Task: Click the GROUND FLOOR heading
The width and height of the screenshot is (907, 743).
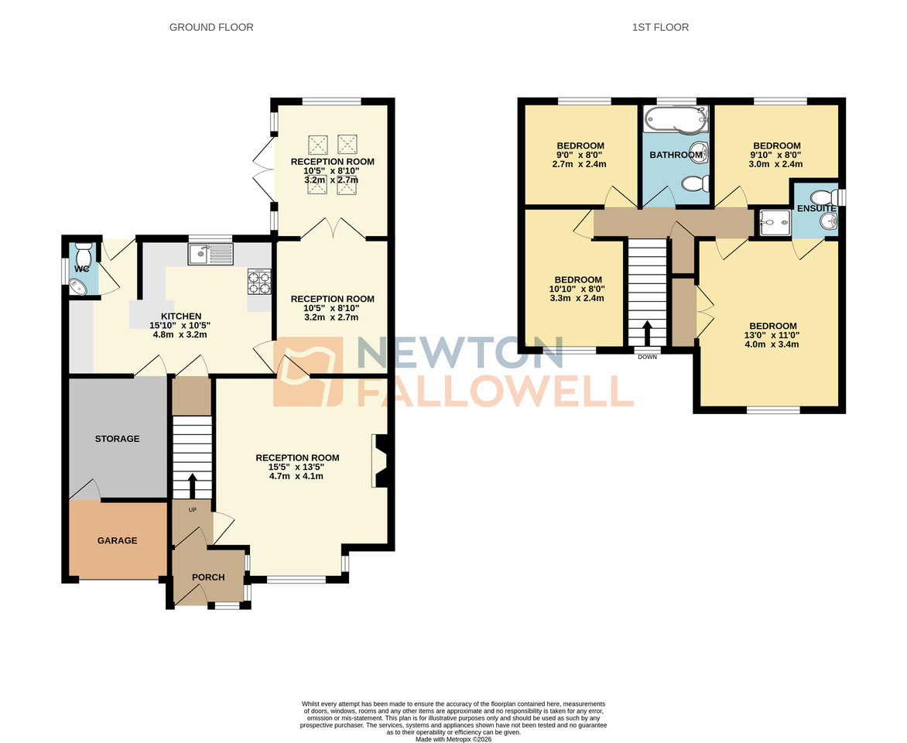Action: (211, 27)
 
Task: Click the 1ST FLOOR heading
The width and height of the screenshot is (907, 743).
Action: (660, 27)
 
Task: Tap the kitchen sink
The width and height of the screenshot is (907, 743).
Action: (210, 252)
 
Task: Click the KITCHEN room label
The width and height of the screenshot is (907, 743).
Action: (181, 316)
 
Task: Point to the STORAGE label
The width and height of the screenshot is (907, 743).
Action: (117, 439)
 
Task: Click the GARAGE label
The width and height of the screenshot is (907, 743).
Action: (117, 540)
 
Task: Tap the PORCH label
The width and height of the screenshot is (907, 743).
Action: (208, 577)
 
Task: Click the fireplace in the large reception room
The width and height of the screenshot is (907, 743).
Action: (380, 461)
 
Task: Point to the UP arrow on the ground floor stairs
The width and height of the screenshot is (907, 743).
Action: (192, 485)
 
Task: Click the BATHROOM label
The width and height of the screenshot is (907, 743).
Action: (676, 155)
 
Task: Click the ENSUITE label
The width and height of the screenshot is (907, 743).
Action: (816, 209)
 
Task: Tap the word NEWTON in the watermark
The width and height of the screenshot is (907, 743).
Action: (460, 354)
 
